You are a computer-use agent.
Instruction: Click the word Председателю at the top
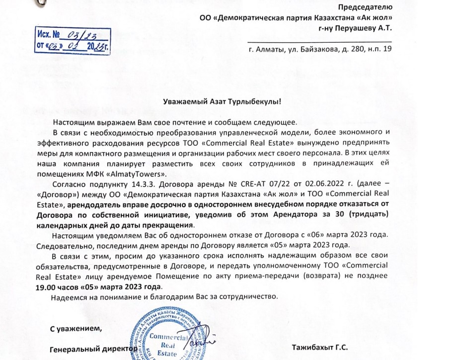(x=366, y=7)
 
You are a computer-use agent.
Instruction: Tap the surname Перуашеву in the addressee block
(x=356, y=29)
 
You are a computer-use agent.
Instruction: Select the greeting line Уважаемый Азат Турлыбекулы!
(x=223, y=102)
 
